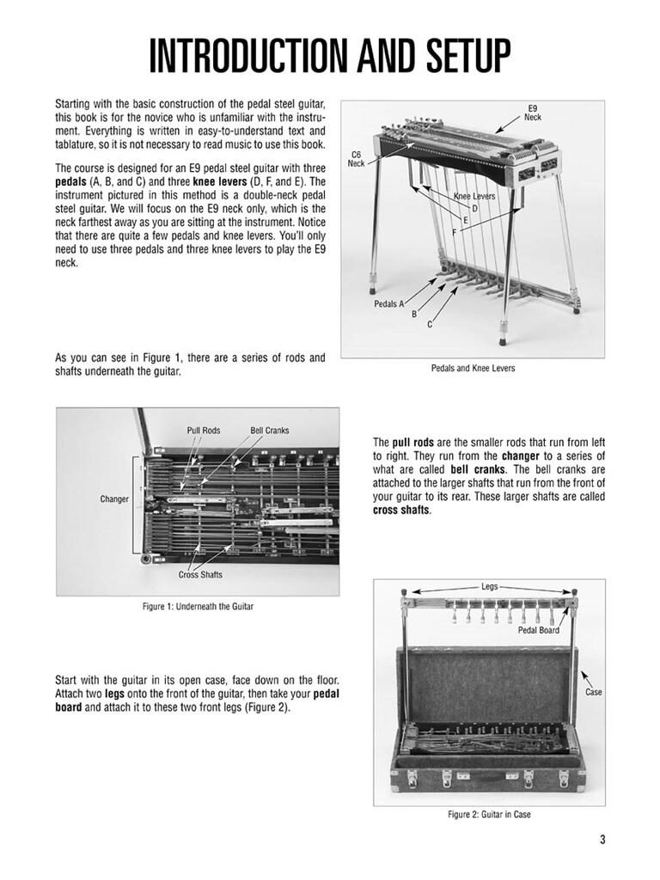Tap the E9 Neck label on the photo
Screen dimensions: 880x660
(x=533, y=112)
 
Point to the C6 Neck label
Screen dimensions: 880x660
(x=356, y=159)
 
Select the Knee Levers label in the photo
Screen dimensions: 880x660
(x=474, y=197)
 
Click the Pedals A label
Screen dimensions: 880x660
(x=389, y=304)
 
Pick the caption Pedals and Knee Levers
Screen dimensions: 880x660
(x=472, y=370)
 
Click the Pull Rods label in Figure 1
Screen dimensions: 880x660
(x=205, y=431)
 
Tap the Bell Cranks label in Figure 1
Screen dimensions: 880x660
(x=270, y=431)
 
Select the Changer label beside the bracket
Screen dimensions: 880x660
(x=114, y=498)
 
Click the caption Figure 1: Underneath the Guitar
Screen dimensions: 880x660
(x=198, y=608)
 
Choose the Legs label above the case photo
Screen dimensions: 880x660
(x=490, y=587)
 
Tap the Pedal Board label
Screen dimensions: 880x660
(x=539, y=631)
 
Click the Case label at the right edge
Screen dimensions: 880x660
(x=593, y=692)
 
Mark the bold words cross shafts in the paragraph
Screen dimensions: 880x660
(x=401, y=510)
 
